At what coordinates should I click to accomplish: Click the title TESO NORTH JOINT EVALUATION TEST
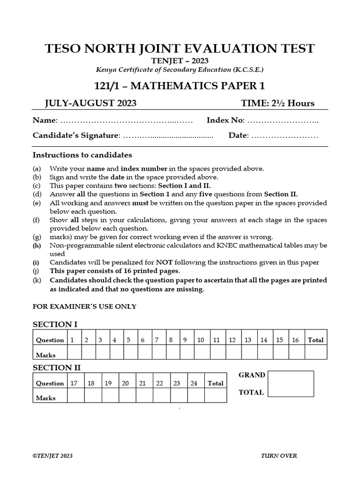(x=180, y=49)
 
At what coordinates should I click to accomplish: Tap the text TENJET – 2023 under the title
(x=180, y=61)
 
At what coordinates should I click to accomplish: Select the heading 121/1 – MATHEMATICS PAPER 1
(x=180, y=85)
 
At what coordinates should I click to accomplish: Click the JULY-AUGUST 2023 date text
(x=84, y=104)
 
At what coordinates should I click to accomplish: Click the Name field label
(x=45, y=120)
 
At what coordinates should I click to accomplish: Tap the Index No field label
(x=225, y=120)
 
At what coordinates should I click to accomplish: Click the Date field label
(x=239, y=135)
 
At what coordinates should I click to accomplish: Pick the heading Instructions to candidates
(x=82, y=155)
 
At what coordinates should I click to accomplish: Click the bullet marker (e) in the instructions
(x=37, y=203)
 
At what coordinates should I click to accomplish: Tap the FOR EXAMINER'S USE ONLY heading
(x=84, y=307)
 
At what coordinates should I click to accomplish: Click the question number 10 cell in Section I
(x=200, y=340)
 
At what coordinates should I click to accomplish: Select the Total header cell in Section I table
(x=315, y=340)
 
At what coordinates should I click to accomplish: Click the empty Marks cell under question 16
(x=295, y=352)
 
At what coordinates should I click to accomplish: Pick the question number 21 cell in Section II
(x=142, y=383)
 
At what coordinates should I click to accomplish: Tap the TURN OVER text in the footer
(x=278, y=456)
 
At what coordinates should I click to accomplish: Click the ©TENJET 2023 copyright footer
(x=52, y=456)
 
